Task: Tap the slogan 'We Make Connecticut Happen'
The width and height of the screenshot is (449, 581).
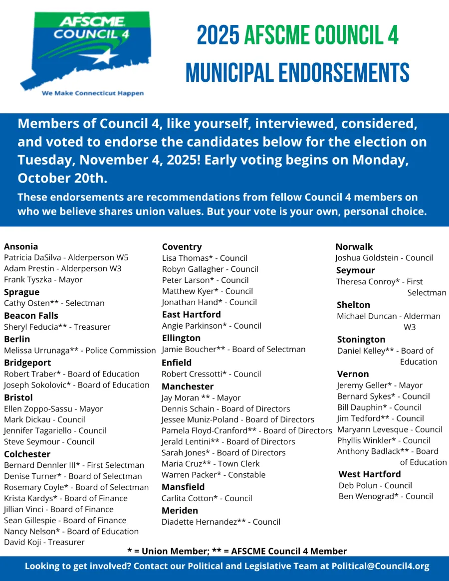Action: pos(93,93)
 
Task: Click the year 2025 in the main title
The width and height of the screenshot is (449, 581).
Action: pos(218,36)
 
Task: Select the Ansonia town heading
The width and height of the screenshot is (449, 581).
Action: pos(21,246)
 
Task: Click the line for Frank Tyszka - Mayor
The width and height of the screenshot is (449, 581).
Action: pos(43,279)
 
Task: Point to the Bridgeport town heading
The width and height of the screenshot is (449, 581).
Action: pos(27,363)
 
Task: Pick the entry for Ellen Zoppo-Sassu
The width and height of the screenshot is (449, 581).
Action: pos(53,408)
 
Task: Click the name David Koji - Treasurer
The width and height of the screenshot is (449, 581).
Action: pos(44,542)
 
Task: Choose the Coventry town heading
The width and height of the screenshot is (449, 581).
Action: pos(182,247)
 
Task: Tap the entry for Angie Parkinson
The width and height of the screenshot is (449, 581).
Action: pos(212,326)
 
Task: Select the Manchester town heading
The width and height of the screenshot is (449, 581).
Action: pos(187,387)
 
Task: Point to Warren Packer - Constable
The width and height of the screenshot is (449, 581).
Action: pos(214,475)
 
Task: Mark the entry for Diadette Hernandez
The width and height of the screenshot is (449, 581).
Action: pos(221,522)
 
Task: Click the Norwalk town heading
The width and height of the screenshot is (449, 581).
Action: pos(354,247)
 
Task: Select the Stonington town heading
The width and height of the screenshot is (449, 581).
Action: pos(361,340)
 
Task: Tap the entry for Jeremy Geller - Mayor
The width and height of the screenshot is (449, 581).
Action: pos(380,386)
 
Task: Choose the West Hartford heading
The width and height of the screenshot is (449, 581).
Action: pos(370,474)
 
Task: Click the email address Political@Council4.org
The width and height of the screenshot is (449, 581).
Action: pos(380,567)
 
